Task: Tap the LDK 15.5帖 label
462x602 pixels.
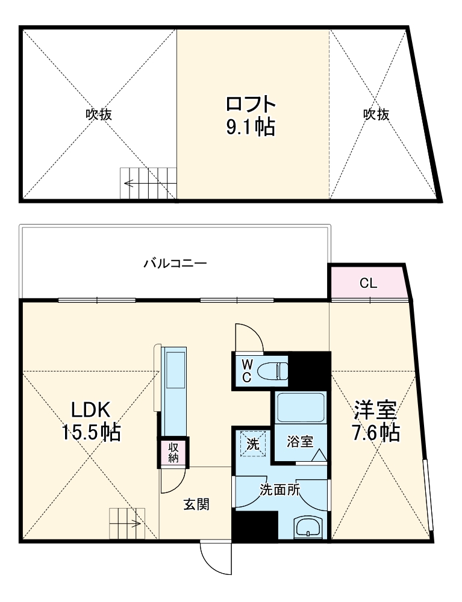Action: click(x=90, y=421)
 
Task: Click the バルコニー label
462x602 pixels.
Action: click(x=175, y=264)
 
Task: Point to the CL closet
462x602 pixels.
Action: click(x=368, y=283)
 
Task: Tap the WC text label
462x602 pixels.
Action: click(x=247, y=371)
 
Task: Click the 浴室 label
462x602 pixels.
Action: click(x=299, y=442)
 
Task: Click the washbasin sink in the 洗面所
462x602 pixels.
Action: click(x=310, y=528)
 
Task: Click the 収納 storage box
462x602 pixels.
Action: click(x=173, y=452)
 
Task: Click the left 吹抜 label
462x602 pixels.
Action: click(x=99, y=114)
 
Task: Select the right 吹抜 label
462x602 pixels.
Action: click(x=376, y=114)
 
